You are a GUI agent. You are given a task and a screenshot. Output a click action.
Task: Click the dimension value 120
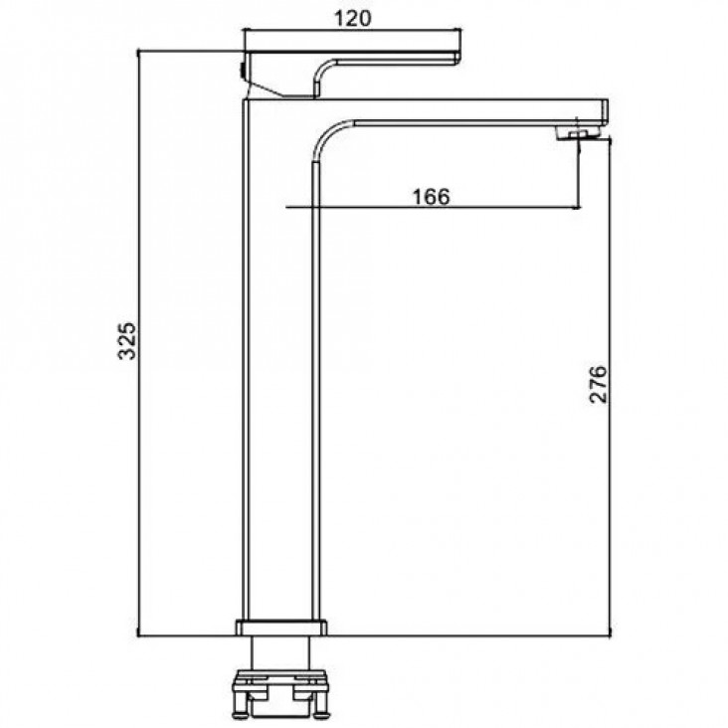[353, 19]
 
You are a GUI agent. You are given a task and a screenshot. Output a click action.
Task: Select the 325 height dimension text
[126, 341]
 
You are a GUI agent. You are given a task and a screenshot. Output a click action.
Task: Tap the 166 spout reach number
[432, 197]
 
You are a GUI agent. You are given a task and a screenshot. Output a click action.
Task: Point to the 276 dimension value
[598, 385]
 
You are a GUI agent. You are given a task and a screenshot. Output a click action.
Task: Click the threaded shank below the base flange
[280, 652]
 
